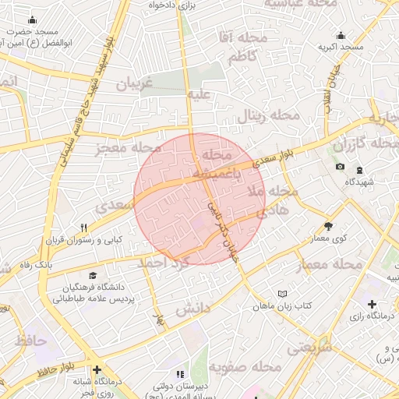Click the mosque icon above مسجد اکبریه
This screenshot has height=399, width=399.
341,35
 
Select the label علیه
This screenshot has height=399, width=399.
197,95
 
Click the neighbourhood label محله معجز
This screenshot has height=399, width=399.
129,149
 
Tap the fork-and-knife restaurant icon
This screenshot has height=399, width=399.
83,228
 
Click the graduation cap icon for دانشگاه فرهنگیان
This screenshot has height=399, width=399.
94,276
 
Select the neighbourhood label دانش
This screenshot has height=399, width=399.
192,309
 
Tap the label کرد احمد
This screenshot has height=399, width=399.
164,263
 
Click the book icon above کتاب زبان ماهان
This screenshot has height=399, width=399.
282,294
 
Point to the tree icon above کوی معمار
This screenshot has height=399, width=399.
328,226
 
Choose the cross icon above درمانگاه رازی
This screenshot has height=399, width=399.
372,304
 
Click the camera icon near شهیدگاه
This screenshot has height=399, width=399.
340,168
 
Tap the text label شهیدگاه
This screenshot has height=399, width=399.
361,182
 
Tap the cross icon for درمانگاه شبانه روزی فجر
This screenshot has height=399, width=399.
96,369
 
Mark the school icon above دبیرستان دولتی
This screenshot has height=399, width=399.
171,374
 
